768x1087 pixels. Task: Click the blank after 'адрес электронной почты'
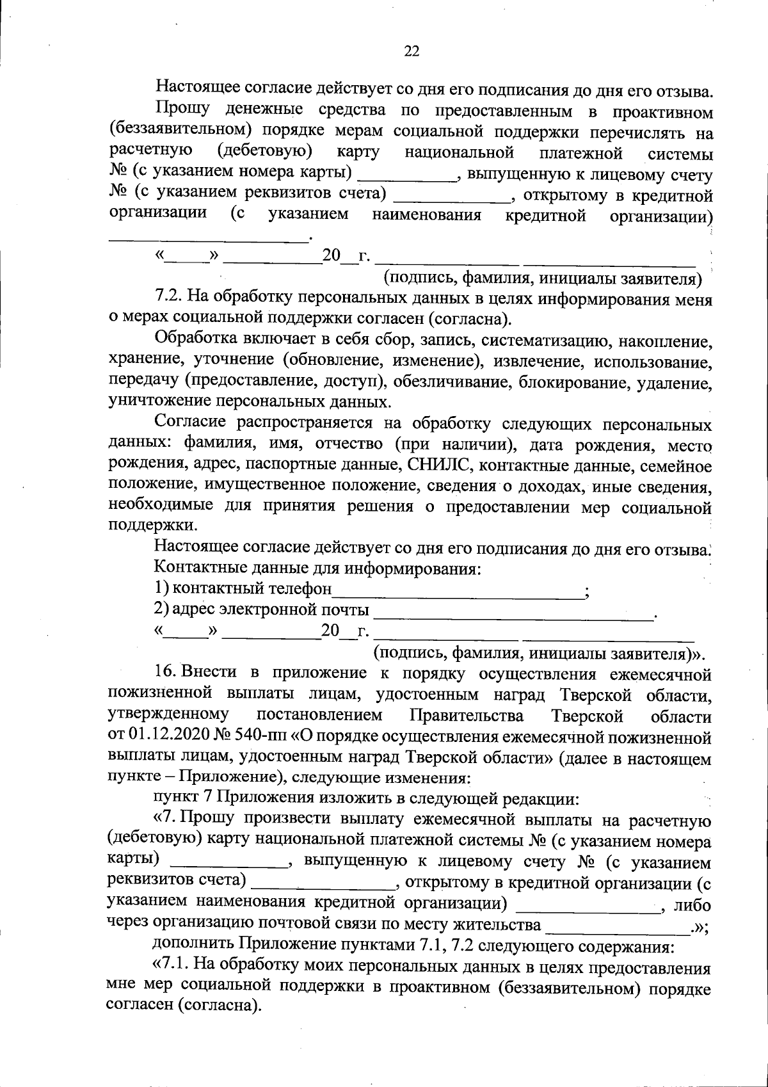coord(513,613)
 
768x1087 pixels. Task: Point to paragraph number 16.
coord(166,673)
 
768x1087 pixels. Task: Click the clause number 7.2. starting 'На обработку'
coord(169,298)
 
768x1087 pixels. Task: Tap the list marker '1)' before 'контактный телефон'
coord(162,588)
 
